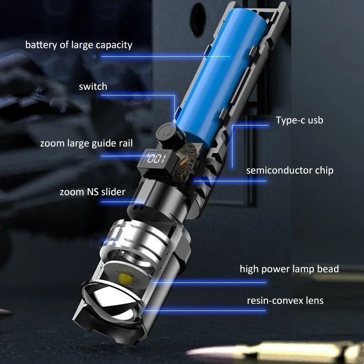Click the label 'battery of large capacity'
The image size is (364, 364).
tap(79, 45)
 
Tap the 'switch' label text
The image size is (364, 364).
tap(93, 86)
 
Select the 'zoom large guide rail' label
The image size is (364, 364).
tap(86, 143)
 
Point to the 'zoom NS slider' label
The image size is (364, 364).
tap(92, 192)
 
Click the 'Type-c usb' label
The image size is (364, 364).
tap(299, 121)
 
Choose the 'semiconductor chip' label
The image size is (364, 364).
tap(289, 171)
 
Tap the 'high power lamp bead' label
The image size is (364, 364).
tap(289, 269)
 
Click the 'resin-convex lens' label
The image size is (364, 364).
tap(285, 301)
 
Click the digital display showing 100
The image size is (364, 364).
tap(155, 160)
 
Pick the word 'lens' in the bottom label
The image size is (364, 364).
tap(314, 301)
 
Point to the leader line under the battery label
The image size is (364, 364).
tap(164, 57)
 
